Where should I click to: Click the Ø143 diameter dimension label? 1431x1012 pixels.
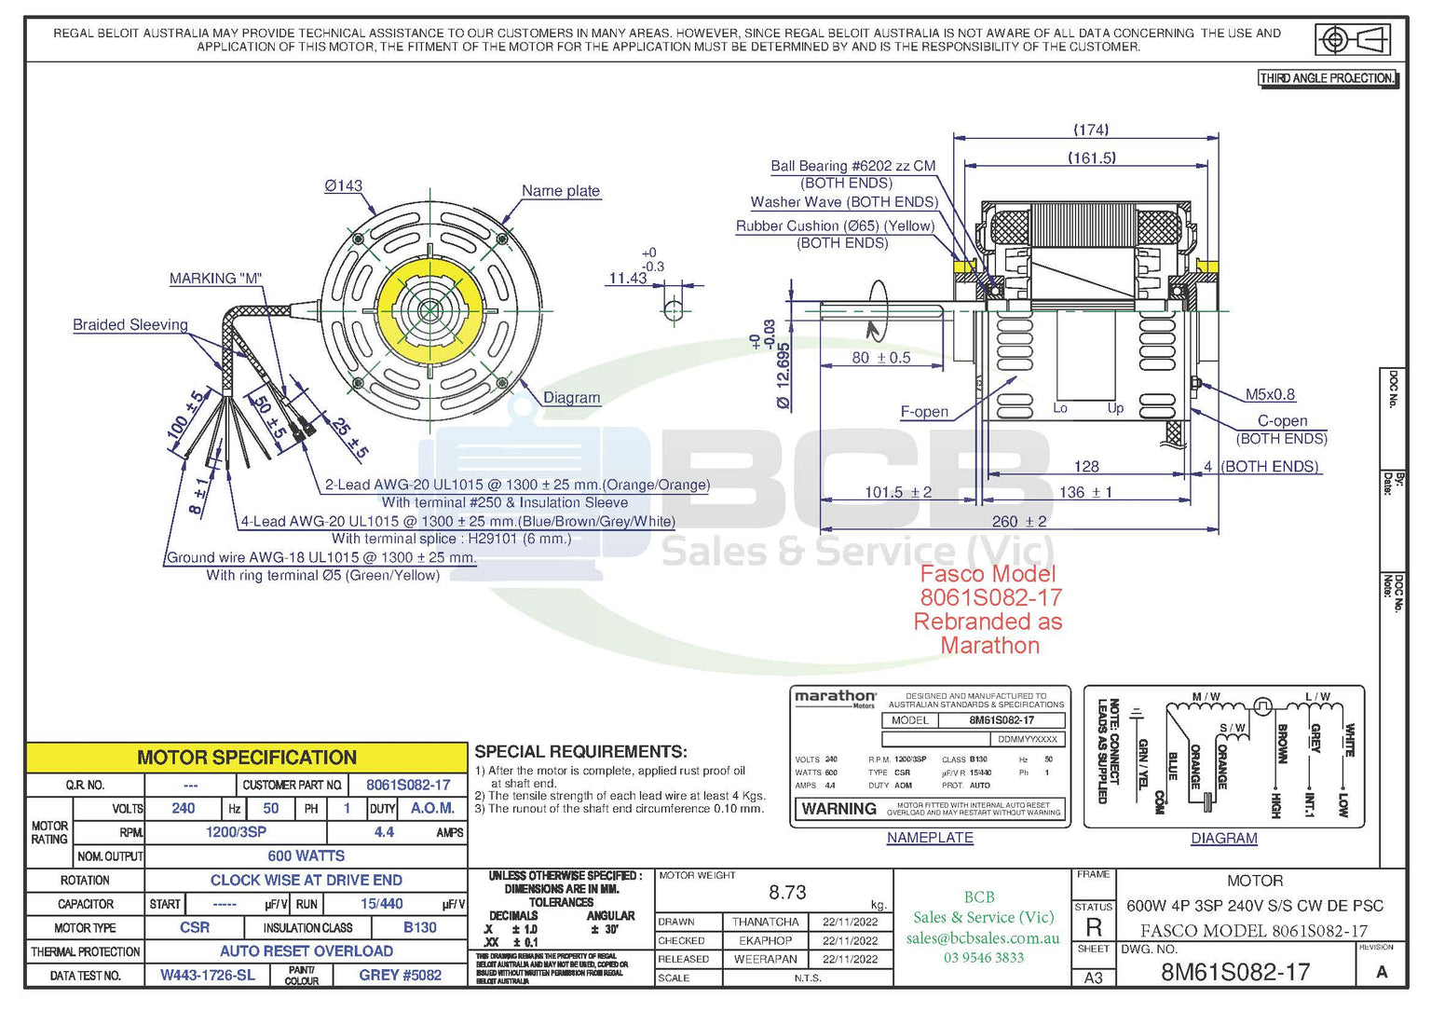(x=343, y=185)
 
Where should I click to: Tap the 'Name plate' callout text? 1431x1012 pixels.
(x=560, y=190)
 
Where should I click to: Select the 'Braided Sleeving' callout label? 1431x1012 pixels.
(x=130, y=324)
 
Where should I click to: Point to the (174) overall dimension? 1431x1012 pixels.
(x=1091, y=130)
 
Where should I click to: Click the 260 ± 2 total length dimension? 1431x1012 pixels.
(x=1018, y=521)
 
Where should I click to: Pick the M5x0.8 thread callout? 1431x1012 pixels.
(x=1270, y=394)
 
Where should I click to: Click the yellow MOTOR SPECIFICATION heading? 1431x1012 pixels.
(x=247, y=758)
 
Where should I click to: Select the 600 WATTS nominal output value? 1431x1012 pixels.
(x=306, y=855)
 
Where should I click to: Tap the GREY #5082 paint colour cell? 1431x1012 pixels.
(x=400, y=975)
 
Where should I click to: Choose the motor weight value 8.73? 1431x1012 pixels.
(x=787, y=892)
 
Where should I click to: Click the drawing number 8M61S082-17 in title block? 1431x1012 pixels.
(x=1234, y=972)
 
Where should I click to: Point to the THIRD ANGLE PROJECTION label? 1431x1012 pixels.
(x=1327, y=78)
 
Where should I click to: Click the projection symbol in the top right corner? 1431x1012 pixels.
(x=1352, y=40)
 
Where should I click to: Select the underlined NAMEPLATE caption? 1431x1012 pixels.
(x=929, y=838)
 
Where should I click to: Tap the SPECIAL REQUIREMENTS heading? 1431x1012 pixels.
(x=580, y=751)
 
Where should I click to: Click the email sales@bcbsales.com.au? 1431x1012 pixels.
(x=983, y=938)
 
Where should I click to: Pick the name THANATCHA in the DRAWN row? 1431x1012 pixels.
(x=765, y=922)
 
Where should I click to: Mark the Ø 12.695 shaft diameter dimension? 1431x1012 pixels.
(x=783, y=376)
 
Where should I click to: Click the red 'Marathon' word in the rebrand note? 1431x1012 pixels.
(x=989, y=645)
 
